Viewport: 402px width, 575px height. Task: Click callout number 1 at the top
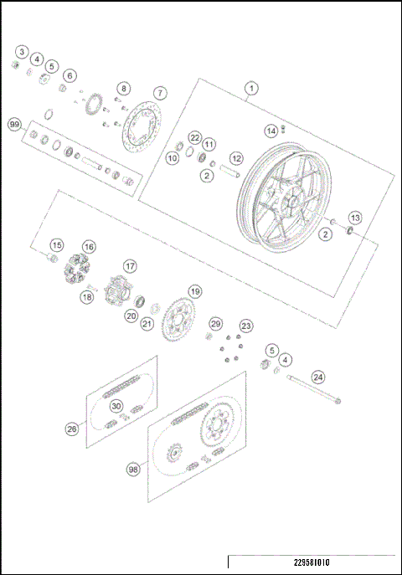tap(249, 87)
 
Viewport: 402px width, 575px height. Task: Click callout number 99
tap(14, 124)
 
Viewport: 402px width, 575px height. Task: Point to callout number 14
tap(271, 131)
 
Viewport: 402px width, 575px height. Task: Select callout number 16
tap(88, 247)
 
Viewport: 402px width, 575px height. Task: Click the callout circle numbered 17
tap(130, 265)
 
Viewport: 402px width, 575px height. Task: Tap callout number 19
tap(194, 291)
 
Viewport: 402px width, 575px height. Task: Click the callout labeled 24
tap(317, 377)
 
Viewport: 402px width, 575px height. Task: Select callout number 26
tap(72, 429)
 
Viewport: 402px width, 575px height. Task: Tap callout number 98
tap(133, 470)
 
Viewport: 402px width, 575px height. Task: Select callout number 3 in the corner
tap(22, 53)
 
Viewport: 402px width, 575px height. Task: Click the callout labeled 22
tap(194, 137)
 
